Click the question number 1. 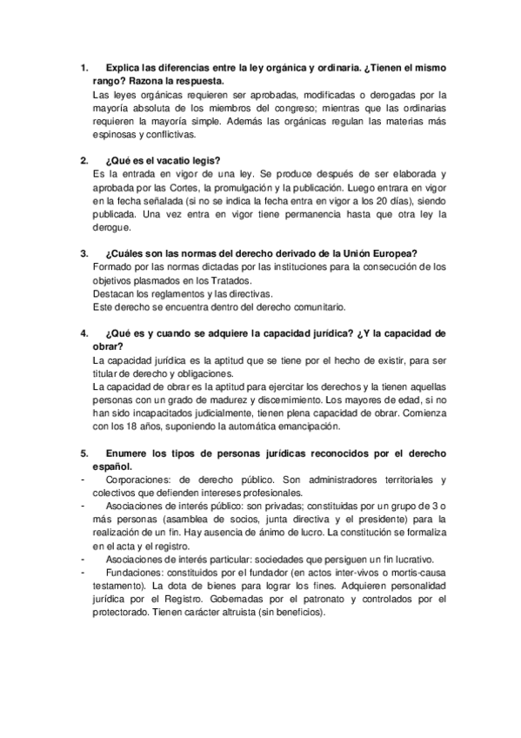pos(83,67)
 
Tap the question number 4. pos(83,332)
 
